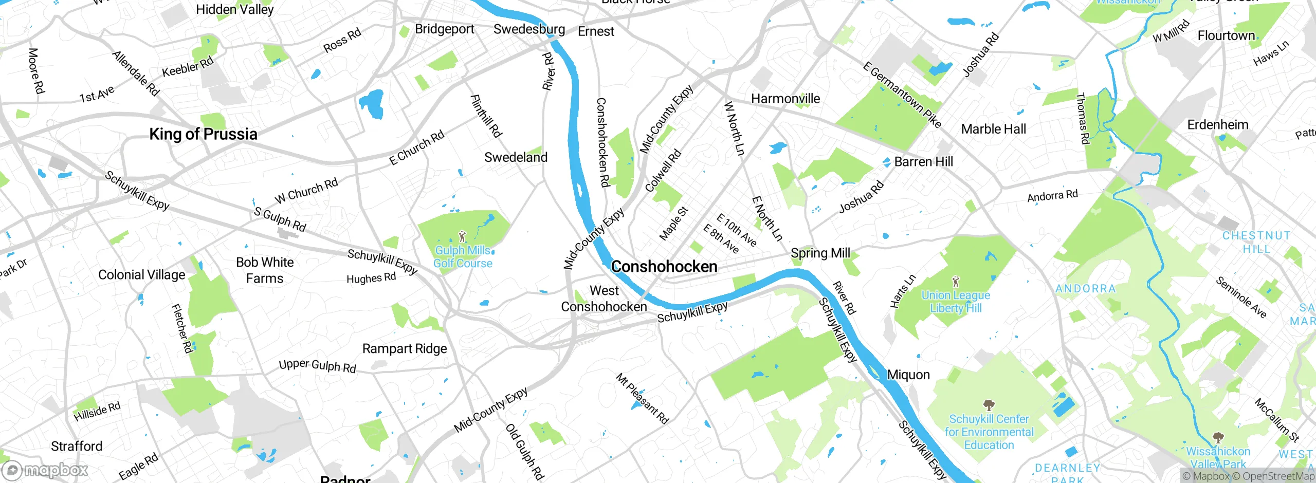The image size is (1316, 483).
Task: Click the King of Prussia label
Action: coord(203,134)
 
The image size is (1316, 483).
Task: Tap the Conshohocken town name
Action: coord(664,267)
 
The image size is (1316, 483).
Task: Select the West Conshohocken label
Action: coord(604,299)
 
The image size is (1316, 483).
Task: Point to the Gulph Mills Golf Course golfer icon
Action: coord(462,237)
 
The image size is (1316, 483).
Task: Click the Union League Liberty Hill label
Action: coord(956,302)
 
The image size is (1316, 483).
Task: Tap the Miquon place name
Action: coord(908,375)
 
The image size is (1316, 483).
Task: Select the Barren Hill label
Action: coord(923,162)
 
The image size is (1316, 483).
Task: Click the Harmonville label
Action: coord(785,99)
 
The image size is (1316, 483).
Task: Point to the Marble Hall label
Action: coord(993,129)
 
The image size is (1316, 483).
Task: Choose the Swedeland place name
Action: coord(516,157)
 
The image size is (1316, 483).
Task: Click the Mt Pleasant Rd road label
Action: coord(642,399)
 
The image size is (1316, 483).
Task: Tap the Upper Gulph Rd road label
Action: coord(317,365)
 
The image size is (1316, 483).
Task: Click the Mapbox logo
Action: coord(45,470)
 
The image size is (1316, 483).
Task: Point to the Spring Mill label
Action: coord(820,253)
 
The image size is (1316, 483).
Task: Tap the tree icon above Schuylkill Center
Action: coord(988,405)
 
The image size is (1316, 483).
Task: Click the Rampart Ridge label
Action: coord(405,348)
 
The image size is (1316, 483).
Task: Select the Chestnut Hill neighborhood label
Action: coord(1256,242)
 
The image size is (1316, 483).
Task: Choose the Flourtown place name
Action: coord(1226,35)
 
